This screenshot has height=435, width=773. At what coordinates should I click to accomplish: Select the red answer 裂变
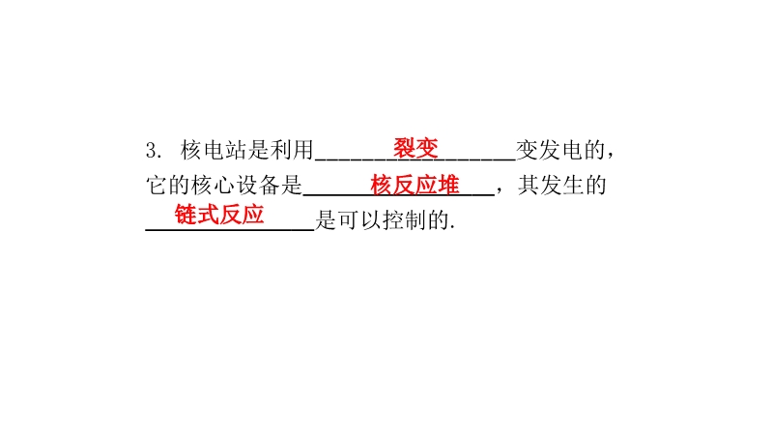(415, 148)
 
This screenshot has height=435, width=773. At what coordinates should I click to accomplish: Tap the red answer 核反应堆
(415, 185)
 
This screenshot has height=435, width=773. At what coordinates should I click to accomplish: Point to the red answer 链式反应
(219, 215)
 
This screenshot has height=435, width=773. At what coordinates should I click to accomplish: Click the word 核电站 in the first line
(214, 150)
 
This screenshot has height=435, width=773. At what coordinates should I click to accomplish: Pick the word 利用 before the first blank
(292, 150)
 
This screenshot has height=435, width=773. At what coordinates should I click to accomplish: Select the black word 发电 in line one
(560, 150)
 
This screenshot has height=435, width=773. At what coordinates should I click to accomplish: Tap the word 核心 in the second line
(213, 186)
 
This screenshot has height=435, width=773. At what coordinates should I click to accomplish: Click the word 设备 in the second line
(258, 186)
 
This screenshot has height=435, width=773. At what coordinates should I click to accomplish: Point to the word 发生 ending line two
(562, 186)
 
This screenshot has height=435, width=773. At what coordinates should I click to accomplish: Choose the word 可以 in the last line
(359, 220)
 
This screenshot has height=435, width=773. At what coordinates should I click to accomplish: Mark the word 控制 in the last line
(405, 220)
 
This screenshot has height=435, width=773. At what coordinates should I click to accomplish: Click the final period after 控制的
(452, 228)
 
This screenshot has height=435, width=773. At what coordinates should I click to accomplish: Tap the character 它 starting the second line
(157, 186)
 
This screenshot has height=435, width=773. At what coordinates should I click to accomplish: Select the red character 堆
(448, 185)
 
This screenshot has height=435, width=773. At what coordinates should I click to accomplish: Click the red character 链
(186, 215)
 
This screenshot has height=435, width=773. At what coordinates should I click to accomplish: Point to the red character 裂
(404, 148)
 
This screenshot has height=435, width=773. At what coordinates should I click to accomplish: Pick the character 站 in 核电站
(236, 150)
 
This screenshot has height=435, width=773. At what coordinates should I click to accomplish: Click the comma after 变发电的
(611, 156)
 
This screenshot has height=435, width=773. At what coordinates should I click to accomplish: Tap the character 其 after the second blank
(529, 186)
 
